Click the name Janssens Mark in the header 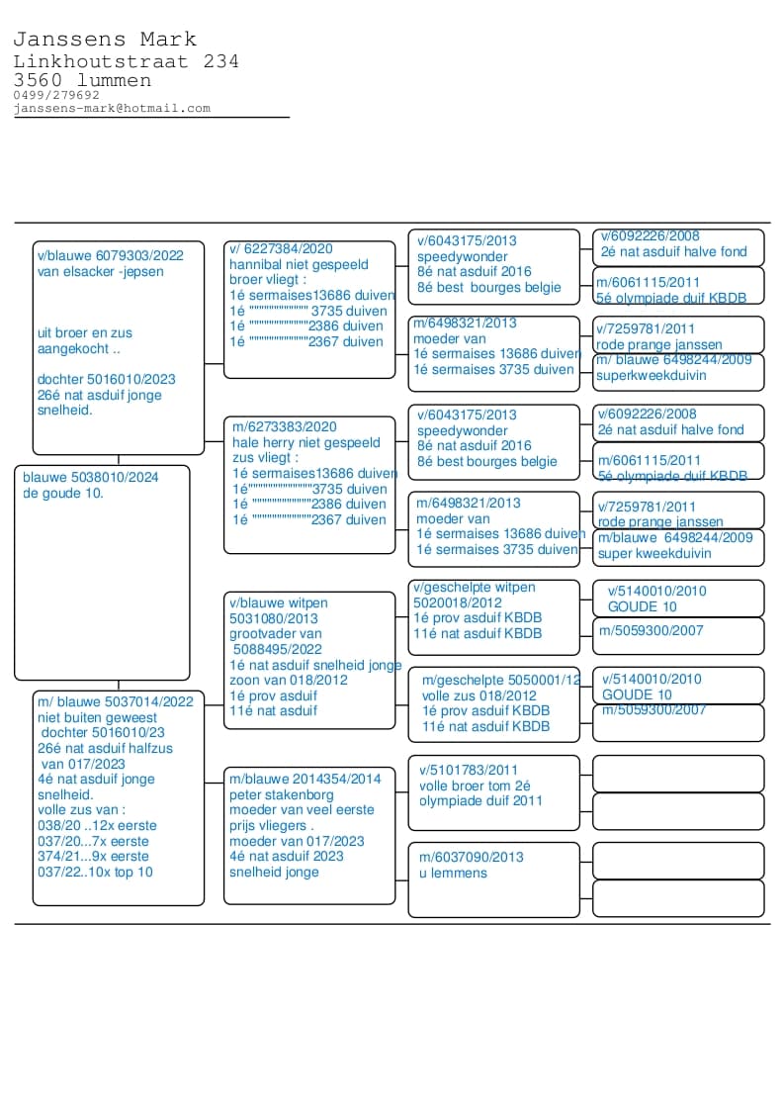[105, 40]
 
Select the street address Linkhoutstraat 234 [126, 61]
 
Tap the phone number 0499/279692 [56, 95]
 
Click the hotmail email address [112, 108]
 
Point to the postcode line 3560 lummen [82, 80]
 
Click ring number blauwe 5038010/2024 [91, 477]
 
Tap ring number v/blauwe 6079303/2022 [111, 255]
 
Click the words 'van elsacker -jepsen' [101, 271]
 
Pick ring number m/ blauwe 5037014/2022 [116, 701]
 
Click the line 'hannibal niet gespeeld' [299, 265]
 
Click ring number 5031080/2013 [274, 618]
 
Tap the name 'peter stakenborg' [282, 794]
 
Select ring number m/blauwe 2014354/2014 [305, 779]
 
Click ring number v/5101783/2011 [469, 770]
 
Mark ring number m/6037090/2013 [472, 857]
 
